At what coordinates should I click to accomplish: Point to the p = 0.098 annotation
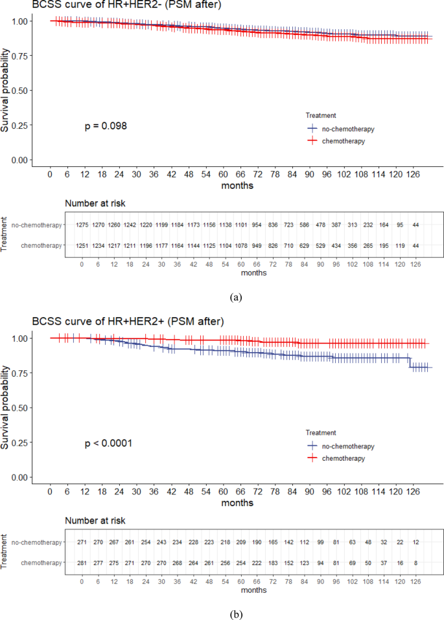click(x=106, y=126)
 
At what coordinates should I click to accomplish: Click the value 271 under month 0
click(x=82, y=542)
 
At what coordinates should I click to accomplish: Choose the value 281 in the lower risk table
click(x=82, y=564)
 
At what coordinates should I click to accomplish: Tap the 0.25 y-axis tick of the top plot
click(x=21, y=126)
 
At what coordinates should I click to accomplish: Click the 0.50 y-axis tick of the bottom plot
click(x=21, y=408)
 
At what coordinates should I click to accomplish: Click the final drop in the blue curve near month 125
click(x=409, y=362)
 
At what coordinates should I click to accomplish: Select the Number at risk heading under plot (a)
click(x=95, y=203)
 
